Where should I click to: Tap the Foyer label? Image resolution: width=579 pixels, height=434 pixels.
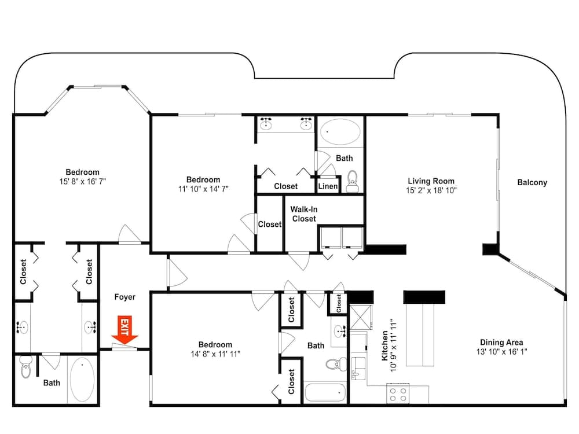[x=124, y=297]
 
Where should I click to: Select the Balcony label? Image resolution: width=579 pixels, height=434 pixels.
[x=532, y=182]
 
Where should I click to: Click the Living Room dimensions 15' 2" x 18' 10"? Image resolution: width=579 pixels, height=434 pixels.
[x=431, y=190]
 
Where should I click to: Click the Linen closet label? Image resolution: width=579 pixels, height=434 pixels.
[x=328, y=186]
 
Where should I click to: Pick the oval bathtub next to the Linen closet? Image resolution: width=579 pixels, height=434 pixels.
[x=340, y=133]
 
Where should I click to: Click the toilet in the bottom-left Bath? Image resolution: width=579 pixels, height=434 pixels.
[x=25, y=367]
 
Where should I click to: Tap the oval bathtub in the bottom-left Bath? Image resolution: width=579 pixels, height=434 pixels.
[x=82, y=380]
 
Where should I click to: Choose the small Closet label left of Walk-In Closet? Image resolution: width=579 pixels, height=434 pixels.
[x=269, y=224]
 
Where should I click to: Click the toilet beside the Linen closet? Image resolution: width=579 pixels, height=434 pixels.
[x=351, y=182]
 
